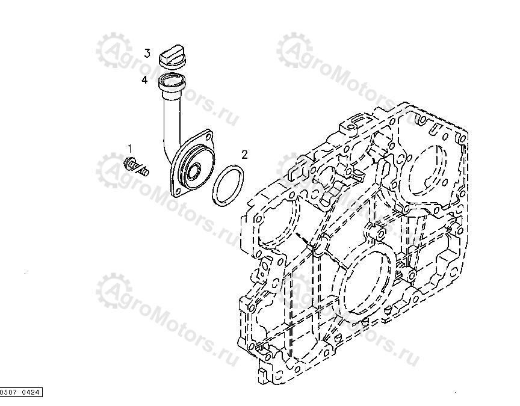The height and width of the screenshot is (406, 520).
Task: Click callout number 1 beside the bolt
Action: point(129,147)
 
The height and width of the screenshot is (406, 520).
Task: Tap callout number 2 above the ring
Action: point(244,154)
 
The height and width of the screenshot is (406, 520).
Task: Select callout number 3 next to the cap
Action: point(147,54)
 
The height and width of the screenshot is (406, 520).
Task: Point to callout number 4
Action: point(144,79)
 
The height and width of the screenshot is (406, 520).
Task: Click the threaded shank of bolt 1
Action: point(143,170)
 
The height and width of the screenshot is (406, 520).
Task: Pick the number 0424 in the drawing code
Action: point(31,393)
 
